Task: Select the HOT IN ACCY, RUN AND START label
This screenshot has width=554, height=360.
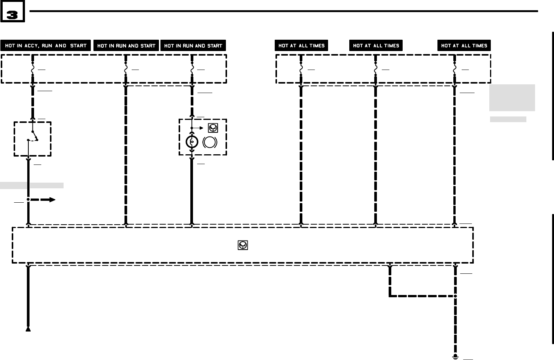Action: point(46,46)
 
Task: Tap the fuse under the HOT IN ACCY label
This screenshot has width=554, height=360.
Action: point(33,70)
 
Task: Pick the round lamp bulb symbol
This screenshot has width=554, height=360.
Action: point(192,142)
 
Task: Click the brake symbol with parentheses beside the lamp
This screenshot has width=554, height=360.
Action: point(210,142)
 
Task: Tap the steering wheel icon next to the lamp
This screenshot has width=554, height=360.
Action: point(213,128)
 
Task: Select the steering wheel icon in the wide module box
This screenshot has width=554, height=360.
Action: point(243,245)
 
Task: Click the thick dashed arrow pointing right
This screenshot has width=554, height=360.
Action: point(42,200)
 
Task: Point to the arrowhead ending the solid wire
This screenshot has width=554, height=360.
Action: point(28,329)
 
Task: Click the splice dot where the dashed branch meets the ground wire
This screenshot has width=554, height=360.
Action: point(455,296)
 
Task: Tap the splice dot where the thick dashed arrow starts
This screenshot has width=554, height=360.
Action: point(28,199)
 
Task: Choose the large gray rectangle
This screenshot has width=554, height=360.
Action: point(512,98)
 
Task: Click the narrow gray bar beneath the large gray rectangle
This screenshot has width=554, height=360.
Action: point(508,119)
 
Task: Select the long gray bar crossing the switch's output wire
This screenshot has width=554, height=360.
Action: point(32,185)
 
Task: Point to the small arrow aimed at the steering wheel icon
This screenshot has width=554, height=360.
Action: point(201,128)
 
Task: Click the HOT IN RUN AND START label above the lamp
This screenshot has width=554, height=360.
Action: point(193,46)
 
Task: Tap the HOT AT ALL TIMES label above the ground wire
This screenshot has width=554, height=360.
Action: point(464,46)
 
